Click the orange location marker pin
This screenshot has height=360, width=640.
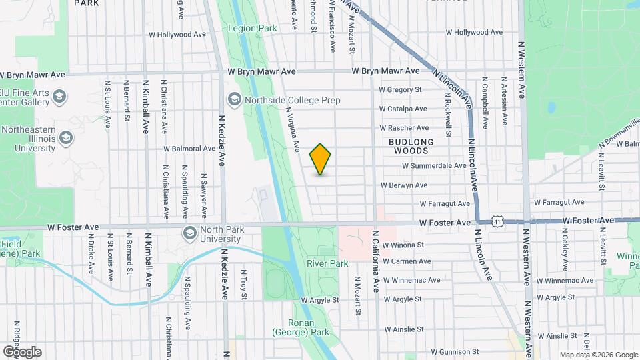point(321,159)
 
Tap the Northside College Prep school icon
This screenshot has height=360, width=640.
point(234,100)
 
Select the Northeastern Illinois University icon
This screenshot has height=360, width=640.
point(65,138)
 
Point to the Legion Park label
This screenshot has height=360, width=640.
point(251,29)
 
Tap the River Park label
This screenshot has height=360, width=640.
point(327,263)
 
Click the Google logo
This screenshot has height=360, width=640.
point(22,351)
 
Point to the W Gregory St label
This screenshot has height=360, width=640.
point(400,89)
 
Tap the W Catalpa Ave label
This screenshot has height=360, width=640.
point(403,109)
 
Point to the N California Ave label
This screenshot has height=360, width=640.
point(376,261)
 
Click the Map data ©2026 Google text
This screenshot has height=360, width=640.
point(598,355)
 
